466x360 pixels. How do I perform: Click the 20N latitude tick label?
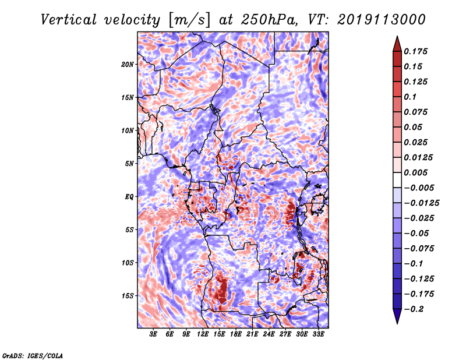tap(128, 65)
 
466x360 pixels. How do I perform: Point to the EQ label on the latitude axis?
tap(129, 197)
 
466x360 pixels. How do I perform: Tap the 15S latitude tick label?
tap(128, 296)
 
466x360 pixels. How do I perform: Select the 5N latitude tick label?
tap(129, 164)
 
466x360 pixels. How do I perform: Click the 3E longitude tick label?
tap(153, 334)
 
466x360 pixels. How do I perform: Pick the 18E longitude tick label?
tap(236, 334)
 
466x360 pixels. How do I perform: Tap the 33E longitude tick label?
tap(318, 334)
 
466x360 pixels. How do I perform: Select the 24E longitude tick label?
tap(269, 334)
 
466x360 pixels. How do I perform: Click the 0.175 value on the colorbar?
tap(415, 51)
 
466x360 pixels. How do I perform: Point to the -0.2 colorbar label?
tap(414, 309)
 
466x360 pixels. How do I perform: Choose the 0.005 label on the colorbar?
tap(415, 172)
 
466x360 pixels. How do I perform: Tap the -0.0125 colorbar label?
tap(421, 203)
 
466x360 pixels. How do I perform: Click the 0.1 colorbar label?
tap(410, 97)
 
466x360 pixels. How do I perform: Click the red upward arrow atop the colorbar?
tap(397, 44)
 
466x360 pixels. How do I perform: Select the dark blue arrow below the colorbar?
tap(397, 316)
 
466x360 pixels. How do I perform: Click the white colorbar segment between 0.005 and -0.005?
tap(397, 180)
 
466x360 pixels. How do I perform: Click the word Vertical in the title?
tap(69, 20)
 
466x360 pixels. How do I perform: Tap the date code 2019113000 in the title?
tap(382, 20)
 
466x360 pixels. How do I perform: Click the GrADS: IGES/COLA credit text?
tap(33, 356)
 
